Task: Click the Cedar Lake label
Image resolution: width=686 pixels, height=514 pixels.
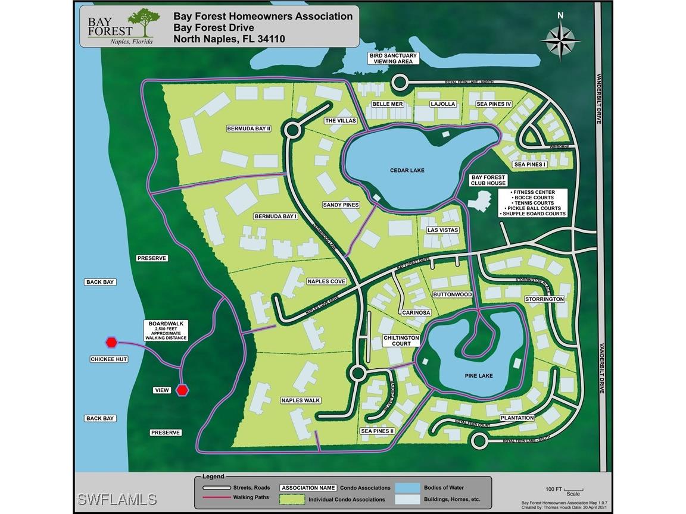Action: (x=407, y=171)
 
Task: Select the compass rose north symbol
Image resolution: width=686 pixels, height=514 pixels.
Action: (x=562, y=40)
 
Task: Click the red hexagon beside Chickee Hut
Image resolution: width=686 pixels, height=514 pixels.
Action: (x=111, y=342)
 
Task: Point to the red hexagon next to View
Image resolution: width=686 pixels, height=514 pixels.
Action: (x=182, y=390)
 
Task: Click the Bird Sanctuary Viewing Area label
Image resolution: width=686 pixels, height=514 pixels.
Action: (x=392, y=58)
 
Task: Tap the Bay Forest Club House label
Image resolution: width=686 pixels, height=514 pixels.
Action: (x=488, y=180)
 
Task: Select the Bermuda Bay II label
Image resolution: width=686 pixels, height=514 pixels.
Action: (x=249, y=128)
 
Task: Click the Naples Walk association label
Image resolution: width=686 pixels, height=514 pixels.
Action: (x=300, y=401)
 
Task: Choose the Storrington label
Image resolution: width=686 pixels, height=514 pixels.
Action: (x=544, y=299)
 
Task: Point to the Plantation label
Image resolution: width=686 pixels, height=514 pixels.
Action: (x=517, y=418)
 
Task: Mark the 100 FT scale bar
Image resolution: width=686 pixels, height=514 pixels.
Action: (x=573, y=487)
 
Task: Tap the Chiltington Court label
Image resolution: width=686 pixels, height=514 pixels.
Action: (x=401, y=340)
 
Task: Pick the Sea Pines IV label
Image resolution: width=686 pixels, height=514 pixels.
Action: (x=494, y=104)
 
